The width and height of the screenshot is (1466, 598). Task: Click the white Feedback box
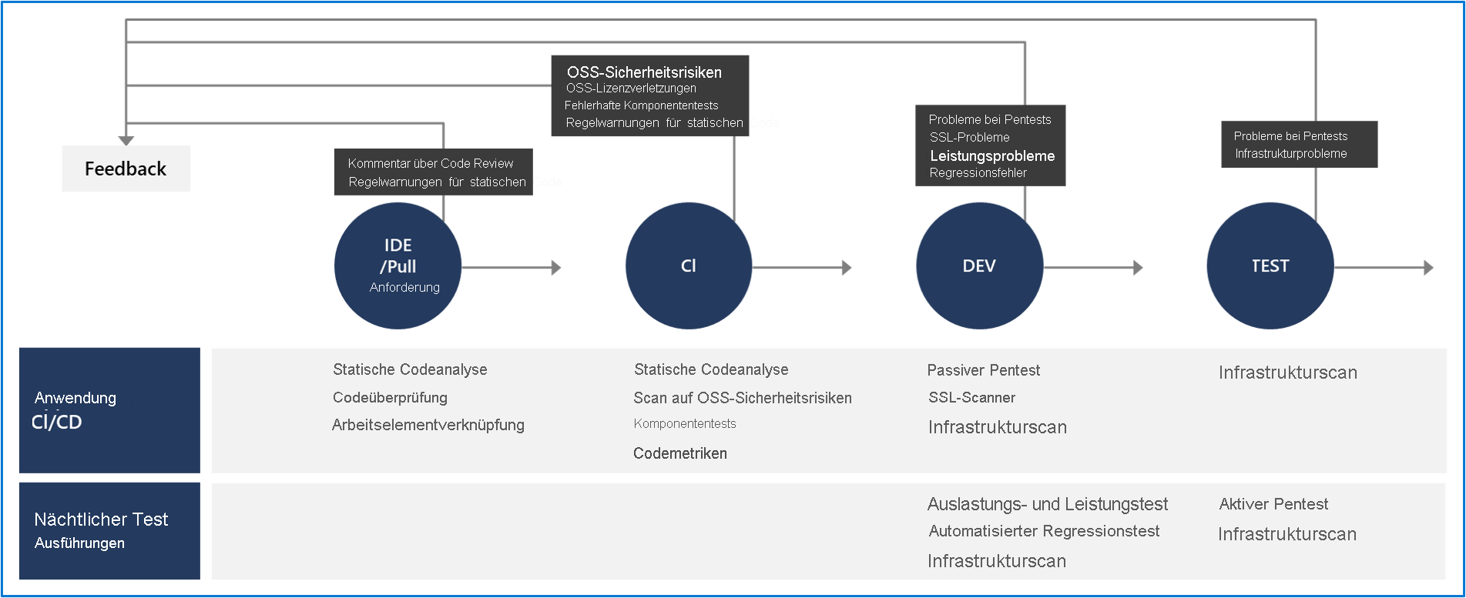click(125, 168)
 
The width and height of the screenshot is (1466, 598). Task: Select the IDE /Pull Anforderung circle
click(398, 266)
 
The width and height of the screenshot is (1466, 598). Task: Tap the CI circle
click(688, 266)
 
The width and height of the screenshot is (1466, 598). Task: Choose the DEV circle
click(978, 266)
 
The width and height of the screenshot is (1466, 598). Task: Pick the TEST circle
click(1269, 266)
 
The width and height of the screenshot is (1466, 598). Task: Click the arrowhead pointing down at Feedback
click(126, 140)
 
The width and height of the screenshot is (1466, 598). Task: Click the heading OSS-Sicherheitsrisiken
click(644, 72)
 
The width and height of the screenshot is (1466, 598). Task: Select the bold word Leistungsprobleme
click(992, 155)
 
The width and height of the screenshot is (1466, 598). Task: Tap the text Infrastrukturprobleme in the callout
click(1290, 154)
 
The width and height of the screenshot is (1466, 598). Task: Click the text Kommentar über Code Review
click(430, 163)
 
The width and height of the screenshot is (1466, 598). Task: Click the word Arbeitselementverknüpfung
click(428, 425)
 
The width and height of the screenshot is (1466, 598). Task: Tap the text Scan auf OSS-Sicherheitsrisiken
click(742, 398)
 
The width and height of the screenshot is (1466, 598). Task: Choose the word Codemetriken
click(679, 453)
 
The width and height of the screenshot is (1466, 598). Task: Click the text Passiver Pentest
click(983, 370)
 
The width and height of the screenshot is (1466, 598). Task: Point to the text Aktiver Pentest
click(1273, 504)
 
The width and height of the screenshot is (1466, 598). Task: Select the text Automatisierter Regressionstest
click(1043, 531)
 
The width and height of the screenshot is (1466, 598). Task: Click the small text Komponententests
click(684, 424)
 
